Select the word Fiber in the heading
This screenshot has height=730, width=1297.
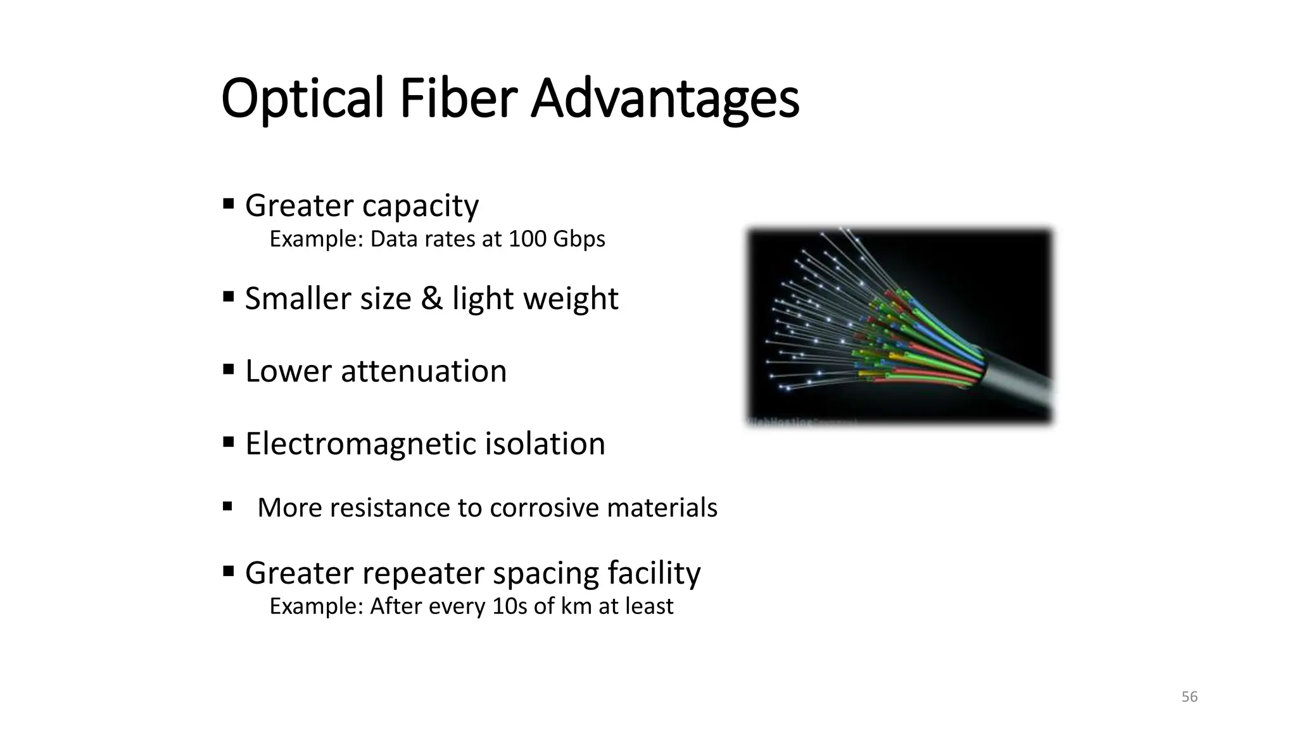point(459,99)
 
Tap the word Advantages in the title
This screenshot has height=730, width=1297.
point(664,99)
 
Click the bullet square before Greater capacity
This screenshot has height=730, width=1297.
point(229,204)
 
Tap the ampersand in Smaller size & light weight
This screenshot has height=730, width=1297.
point(431,298)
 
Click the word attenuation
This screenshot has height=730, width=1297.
point(424,371)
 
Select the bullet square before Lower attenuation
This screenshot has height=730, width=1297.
point(229,369)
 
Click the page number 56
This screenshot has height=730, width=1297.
point(1189,697)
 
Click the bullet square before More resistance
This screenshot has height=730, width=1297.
point(228,506)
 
